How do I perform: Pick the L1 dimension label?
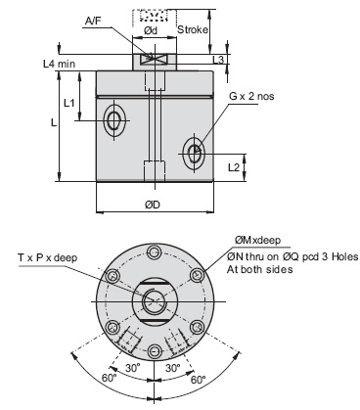pyautogui.click(x=68, y=102)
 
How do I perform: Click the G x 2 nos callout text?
pyautogui.click(x=251, y=98)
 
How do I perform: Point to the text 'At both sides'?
pyautogui.click(x=259, y=268)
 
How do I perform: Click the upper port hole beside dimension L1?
pyautogui.click(x=114, y=122)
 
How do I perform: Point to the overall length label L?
pyautogui.click(x=55, y=123)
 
